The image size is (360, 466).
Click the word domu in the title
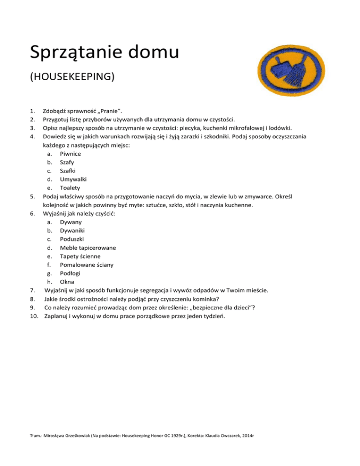coord(150,52)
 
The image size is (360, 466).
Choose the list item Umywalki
coord(73,179)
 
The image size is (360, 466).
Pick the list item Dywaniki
coord(73,230)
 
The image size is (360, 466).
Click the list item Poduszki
coord(73,239)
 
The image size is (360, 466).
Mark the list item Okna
coord(67,281)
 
